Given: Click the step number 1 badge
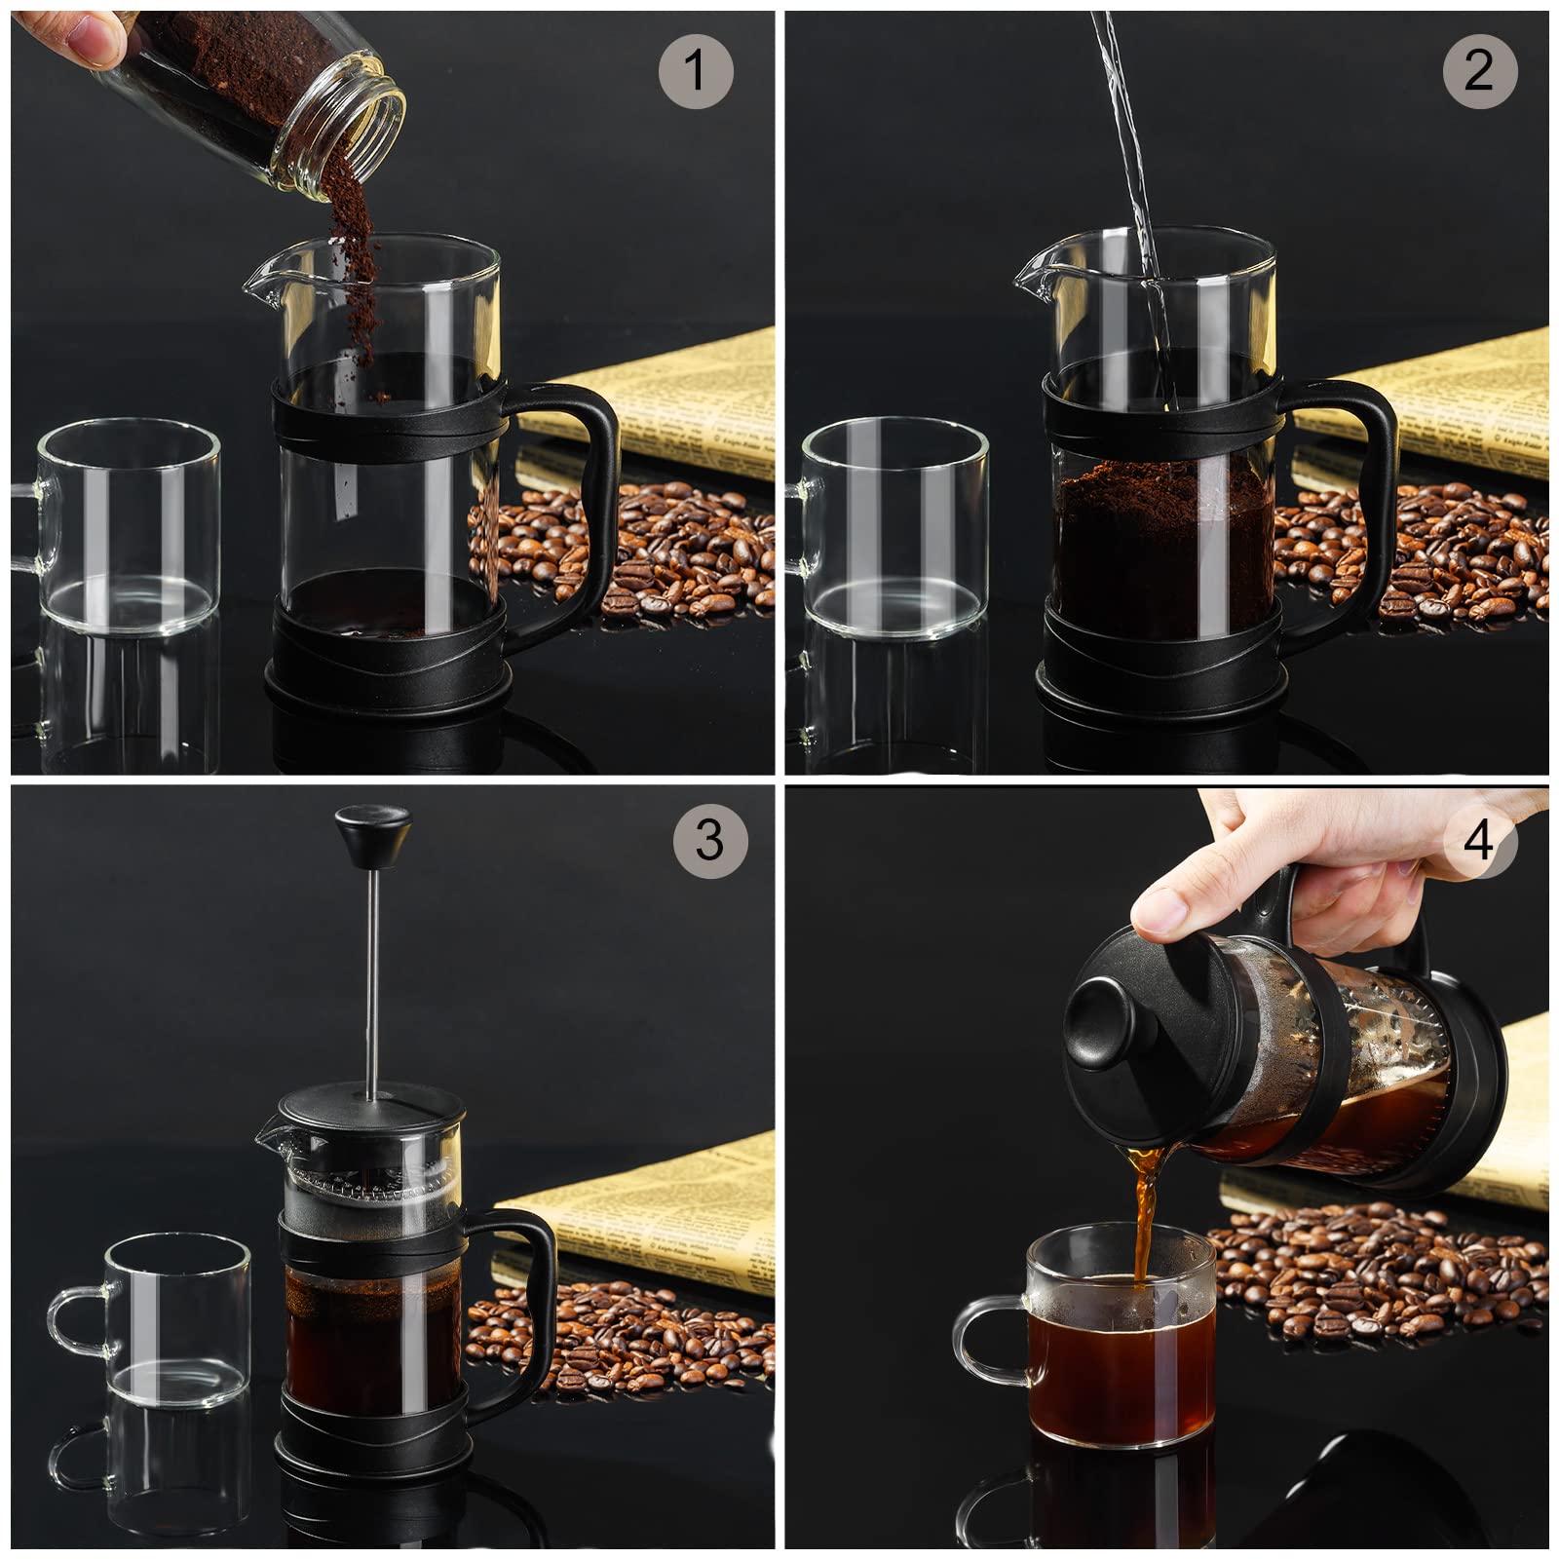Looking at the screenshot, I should [695, 70].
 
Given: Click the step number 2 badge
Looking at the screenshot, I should [1479, 70].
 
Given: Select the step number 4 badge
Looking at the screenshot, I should [1478, 839].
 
